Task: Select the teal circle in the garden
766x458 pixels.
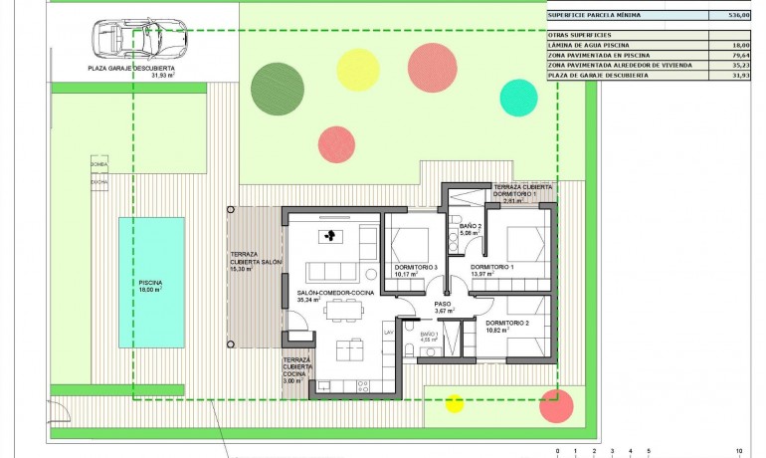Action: (x=518, y=98)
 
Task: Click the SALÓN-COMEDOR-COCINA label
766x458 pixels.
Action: (x=334, y=294)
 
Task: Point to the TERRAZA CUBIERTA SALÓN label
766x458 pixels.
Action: (x=256, y=261)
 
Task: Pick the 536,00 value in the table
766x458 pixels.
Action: (x=737, y=15)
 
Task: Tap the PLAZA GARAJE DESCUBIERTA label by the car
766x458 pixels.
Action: (x=130, y=69)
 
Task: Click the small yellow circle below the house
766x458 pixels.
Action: (x=455, y=403)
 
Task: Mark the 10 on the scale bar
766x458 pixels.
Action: (x=738, y=451)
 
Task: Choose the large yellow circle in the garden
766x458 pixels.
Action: (x=358, y=69)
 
